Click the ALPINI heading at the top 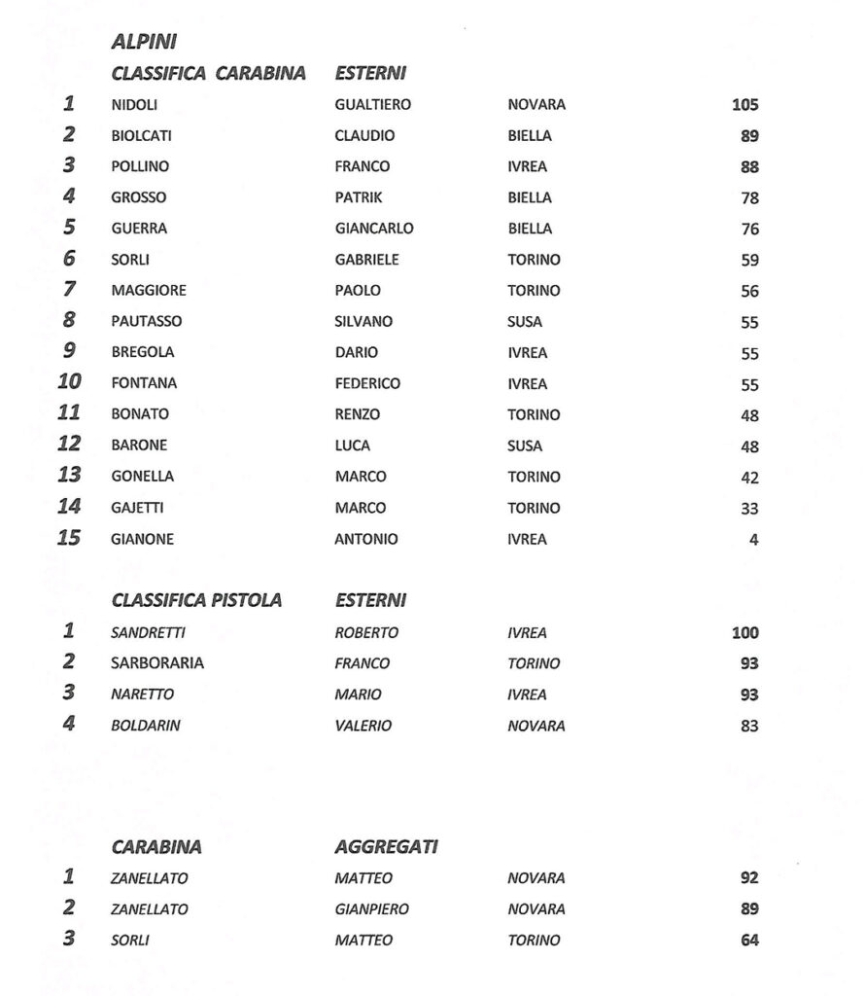coord(143,42)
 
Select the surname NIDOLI coord(134,105)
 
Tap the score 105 coord(744,105)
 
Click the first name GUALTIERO coord(372,105)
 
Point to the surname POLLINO coord(140,166)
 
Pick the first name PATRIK coord(359,197)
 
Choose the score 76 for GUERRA coord(749,230)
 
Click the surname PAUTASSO coord(146,322)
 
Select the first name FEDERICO coord(367,384)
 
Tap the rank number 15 coord(69,538)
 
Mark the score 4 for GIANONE coord(753,540)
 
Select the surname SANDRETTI coord(148,633)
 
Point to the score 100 coord(745,633)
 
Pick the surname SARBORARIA coord(157,664)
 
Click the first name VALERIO coord(363,726)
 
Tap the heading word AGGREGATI coord(386,847)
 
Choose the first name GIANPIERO coord(371,909)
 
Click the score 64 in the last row coord(749,941)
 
